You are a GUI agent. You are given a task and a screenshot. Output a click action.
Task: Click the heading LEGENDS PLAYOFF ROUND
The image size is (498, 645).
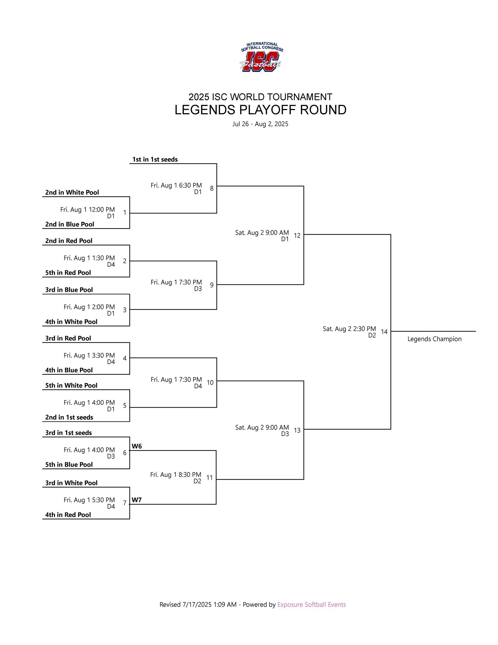point(260,110)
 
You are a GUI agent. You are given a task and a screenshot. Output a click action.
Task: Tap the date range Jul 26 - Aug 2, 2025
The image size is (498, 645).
point(260,124)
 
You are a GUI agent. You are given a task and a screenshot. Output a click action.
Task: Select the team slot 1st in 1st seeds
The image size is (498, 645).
point(155,159)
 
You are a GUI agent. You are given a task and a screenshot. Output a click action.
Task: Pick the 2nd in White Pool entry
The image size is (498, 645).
point(72,193)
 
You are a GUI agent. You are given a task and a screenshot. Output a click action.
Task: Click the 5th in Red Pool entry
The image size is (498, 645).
point(68,273)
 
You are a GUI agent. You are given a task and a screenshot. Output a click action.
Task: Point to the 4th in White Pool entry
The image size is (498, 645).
point(71,322)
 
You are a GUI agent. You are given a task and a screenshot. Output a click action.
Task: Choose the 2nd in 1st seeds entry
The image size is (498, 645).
point(69,418)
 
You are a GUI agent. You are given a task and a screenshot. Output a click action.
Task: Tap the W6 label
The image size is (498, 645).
point(137,446)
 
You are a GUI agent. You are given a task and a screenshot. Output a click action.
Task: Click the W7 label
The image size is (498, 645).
point(137,500)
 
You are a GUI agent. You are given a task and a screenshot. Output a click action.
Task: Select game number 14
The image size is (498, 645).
point(384,332)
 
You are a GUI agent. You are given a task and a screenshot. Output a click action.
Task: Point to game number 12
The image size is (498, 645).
point(297,236)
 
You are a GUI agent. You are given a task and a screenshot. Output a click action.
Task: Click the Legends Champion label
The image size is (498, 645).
point(434,339)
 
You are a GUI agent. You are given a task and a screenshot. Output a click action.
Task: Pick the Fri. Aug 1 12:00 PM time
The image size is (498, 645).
point(88,210)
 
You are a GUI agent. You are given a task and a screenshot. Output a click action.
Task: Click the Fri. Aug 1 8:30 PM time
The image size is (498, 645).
point(176,474)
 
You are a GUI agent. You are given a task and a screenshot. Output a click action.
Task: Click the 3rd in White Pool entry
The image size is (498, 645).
point(71,483)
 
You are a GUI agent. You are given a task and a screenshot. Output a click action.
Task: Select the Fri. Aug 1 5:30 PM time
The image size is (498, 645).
point(89,500)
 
